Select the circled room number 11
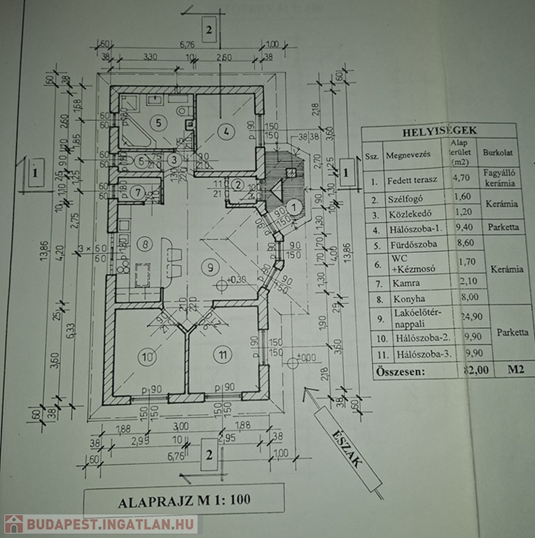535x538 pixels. [222, 355]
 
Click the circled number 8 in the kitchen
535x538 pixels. [145, 244]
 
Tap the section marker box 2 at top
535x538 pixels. [209, 29]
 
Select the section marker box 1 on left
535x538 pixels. [34, 170]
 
